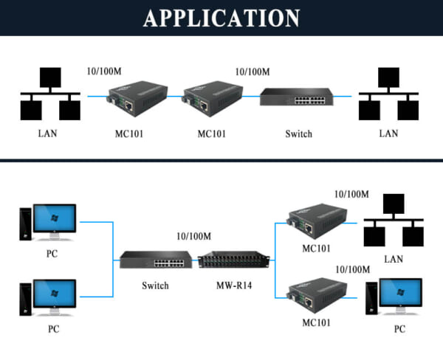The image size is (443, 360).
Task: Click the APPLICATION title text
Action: (221, 18)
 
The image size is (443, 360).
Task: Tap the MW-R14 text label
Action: (233, 285)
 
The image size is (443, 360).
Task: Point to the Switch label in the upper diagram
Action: (298, 134)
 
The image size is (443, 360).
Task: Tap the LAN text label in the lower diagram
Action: (394, 259)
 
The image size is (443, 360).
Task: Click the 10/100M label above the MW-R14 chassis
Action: (194, 236)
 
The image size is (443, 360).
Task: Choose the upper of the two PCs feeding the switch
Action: (48, 222)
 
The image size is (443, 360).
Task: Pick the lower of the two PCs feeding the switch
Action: (48, 296)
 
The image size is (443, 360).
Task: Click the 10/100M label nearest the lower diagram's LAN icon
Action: (351, 194)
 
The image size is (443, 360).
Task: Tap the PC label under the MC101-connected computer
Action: (399, 328)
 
